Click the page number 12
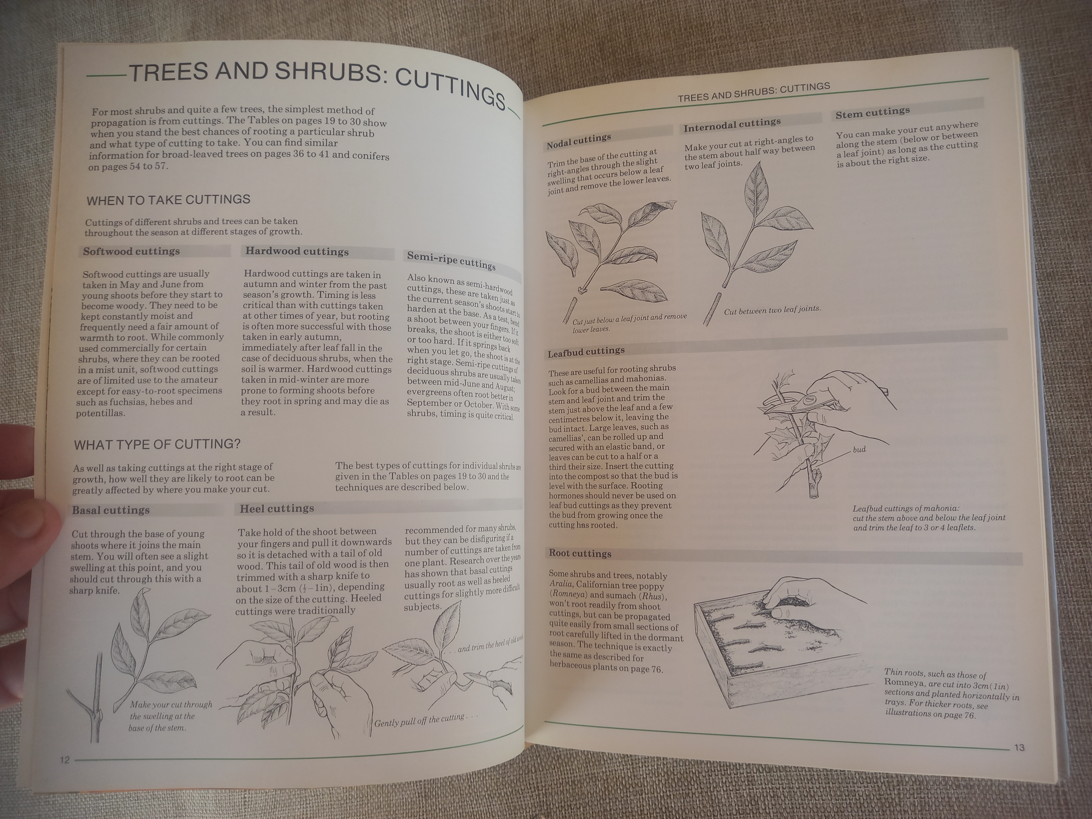(x=65, y=760)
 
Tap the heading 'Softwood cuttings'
(x=131, y=251)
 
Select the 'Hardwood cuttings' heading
(x=297, y=251)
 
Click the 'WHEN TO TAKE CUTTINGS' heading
(x=168, y=200)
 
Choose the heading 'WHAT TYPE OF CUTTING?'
(x=157, y=444)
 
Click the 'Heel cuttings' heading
(x=277, y=509)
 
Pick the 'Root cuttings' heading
(x=580, y=553)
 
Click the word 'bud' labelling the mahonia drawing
(x=859, y=450)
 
